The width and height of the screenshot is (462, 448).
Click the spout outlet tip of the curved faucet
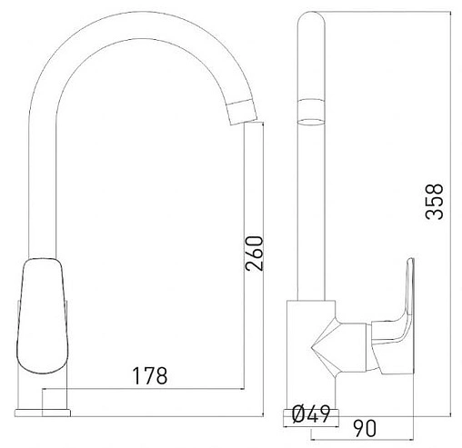(x=244, y=115)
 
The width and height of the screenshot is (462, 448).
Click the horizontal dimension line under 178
(x=155, y=386)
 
